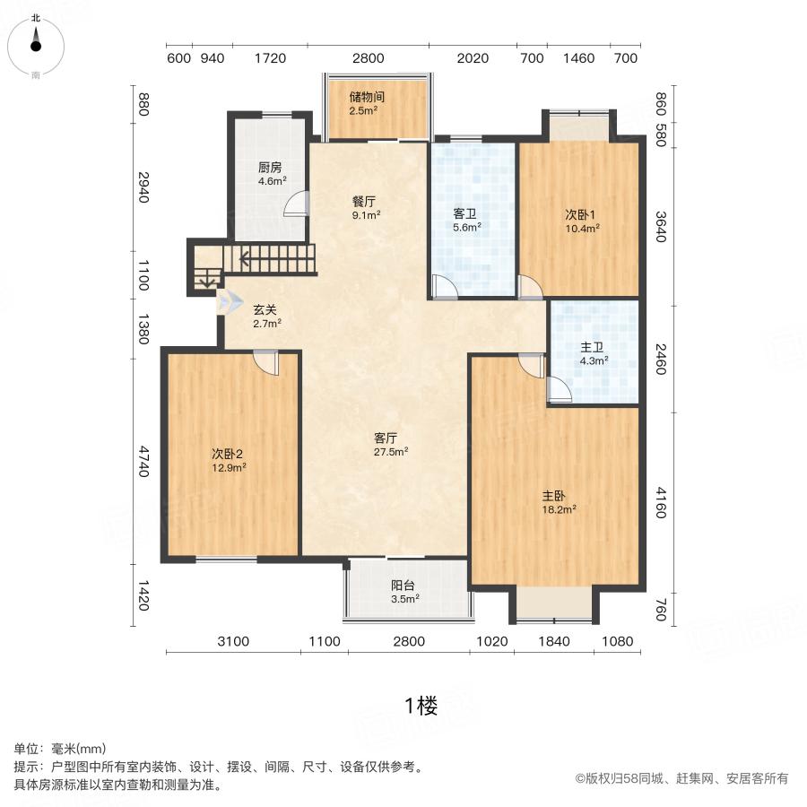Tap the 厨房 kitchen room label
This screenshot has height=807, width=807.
(x=270, y=173)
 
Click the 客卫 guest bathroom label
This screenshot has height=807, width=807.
(x=465, y=220)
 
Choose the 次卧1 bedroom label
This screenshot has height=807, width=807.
(x=580, y=221)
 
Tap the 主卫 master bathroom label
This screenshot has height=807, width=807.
(x=594, y=354)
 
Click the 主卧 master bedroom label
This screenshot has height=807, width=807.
(x=557, y=501)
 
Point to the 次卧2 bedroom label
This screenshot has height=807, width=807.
(x=229, y=459)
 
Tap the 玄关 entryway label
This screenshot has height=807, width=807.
(x=266, y=316)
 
